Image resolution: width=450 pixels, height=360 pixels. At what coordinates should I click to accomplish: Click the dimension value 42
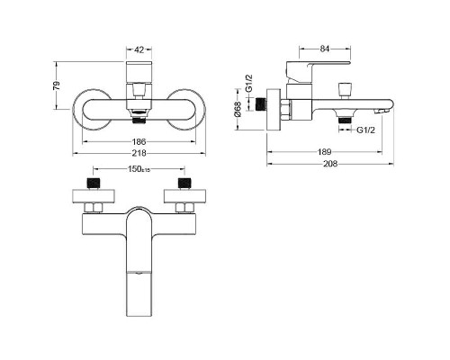(139, 49)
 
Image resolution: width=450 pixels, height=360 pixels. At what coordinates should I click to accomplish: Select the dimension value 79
(57, 85)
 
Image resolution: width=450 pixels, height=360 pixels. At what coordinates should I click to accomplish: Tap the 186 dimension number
(139, 141)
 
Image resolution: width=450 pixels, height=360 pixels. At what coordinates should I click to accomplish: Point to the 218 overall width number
(139, 153)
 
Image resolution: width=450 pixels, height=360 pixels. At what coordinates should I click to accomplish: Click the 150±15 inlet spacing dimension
(139, 169)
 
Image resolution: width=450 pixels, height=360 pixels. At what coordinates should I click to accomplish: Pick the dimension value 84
(325, 49)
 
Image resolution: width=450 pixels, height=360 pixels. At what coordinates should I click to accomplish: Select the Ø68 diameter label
(237, 110)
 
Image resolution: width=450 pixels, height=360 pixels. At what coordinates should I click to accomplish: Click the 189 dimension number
(324, 152)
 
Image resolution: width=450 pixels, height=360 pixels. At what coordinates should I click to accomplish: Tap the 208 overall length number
(330, 164)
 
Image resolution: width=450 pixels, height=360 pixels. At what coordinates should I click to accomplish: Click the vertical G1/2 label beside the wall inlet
(248, 84)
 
